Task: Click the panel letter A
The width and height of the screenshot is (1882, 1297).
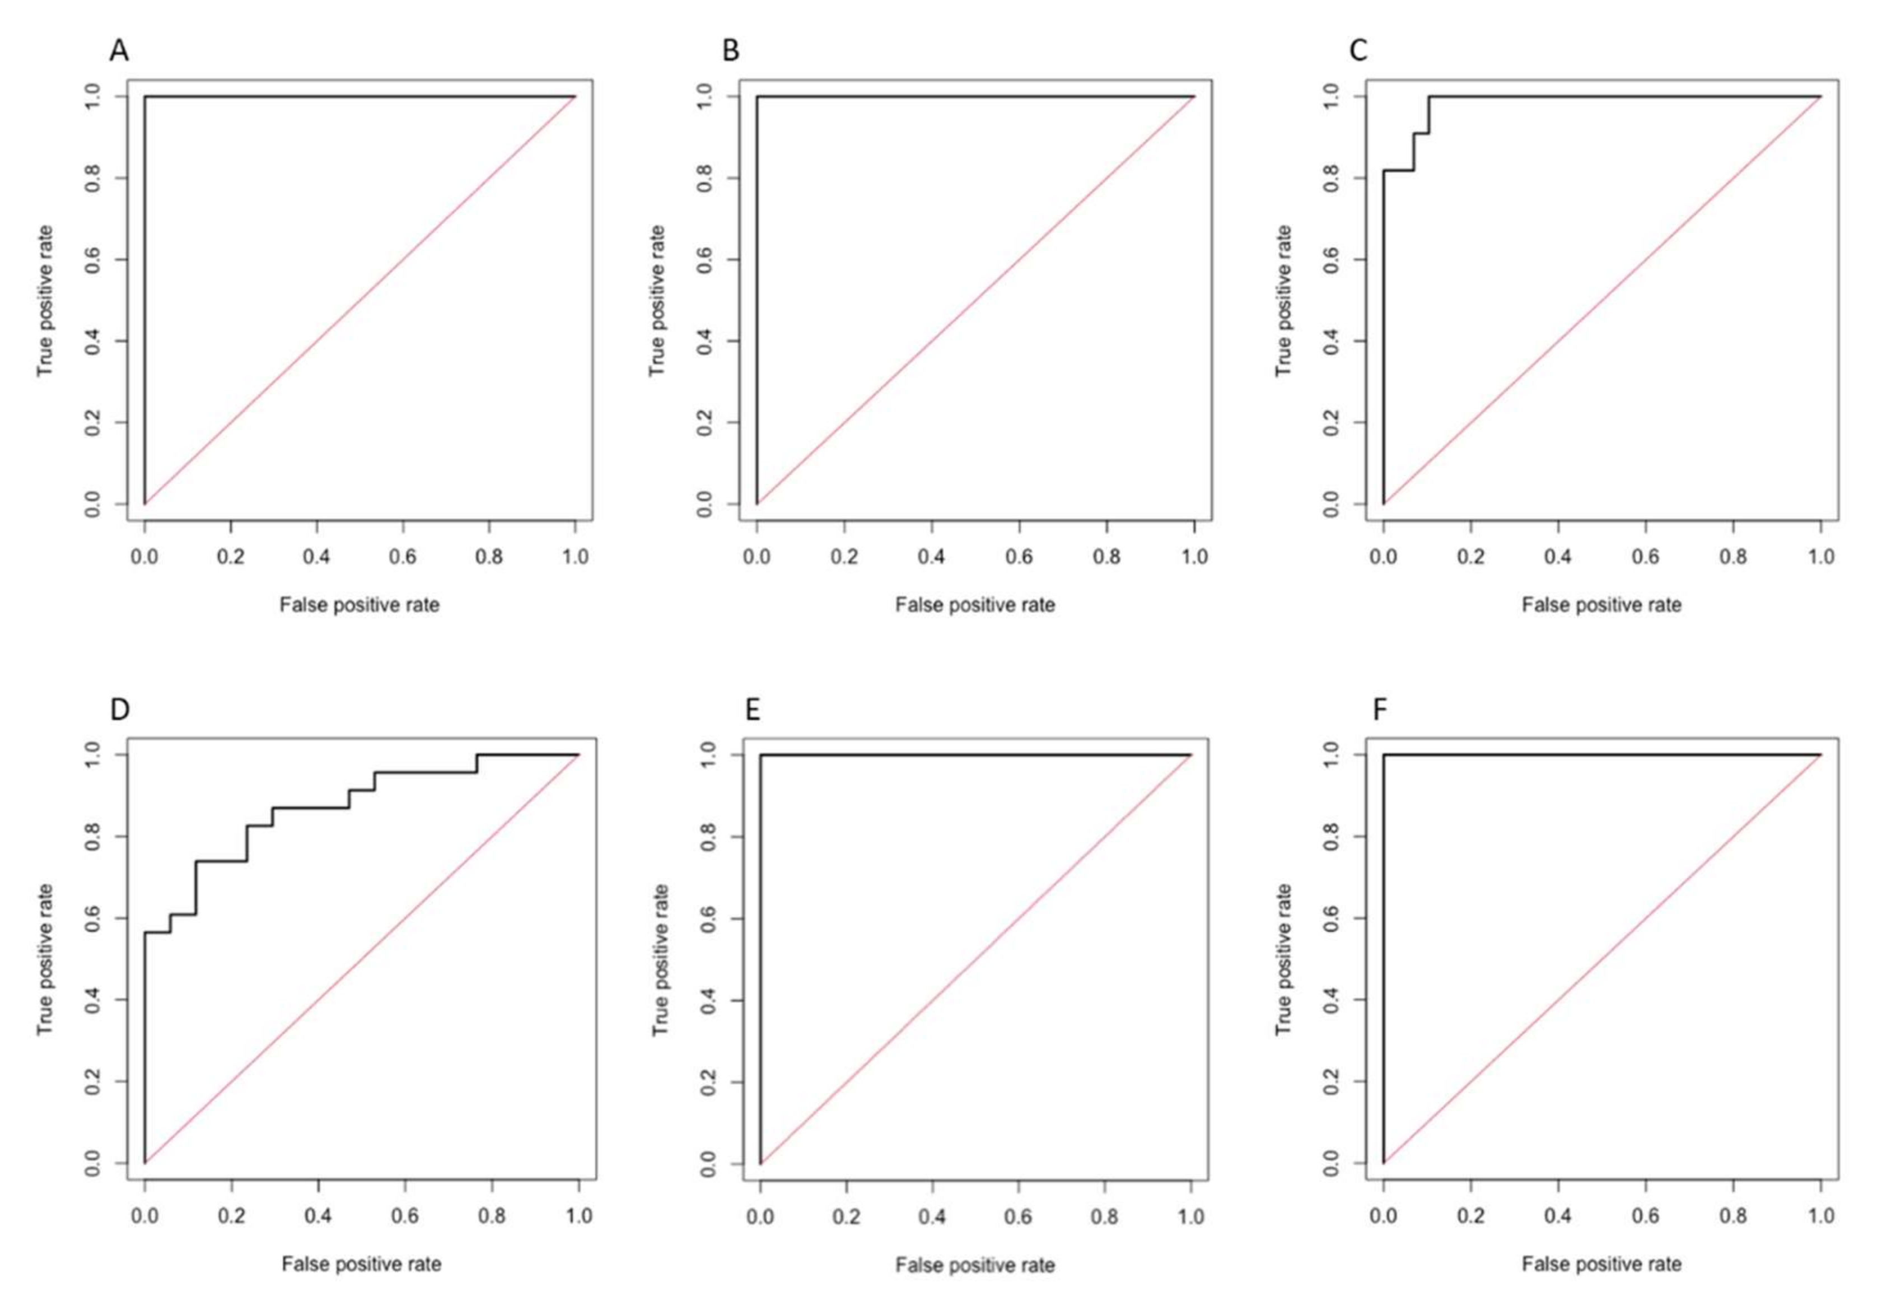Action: (119, 51)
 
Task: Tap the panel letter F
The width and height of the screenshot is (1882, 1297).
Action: (1380, 710)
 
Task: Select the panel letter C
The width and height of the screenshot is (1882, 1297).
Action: (1358, 51)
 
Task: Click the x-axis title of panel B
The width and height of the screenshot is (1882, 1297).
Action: (974, 605)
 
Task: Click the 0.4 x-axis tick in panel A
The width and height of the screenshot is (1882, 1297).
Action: (317, 557)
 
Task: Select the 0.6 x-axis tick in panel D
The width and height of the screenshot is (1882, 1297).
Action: (405, 1216)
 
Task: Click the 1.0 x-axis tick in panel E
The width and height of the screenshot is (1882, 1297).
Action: (1190, 1216)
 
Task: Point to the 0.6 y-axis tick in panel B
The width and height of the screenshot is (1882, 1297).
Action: (704, 260)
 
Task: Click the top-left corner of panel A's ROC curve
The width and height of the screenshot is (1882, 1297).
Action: (144, 97)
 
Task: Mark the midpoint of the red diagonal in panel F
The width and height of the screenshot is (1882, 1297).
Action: (1601, 959)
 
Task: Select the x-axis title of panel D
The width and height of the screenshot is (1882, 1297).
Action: (362, 1264)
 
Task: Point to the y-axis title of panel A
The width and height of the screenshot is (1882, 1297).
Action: (45, 301)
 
